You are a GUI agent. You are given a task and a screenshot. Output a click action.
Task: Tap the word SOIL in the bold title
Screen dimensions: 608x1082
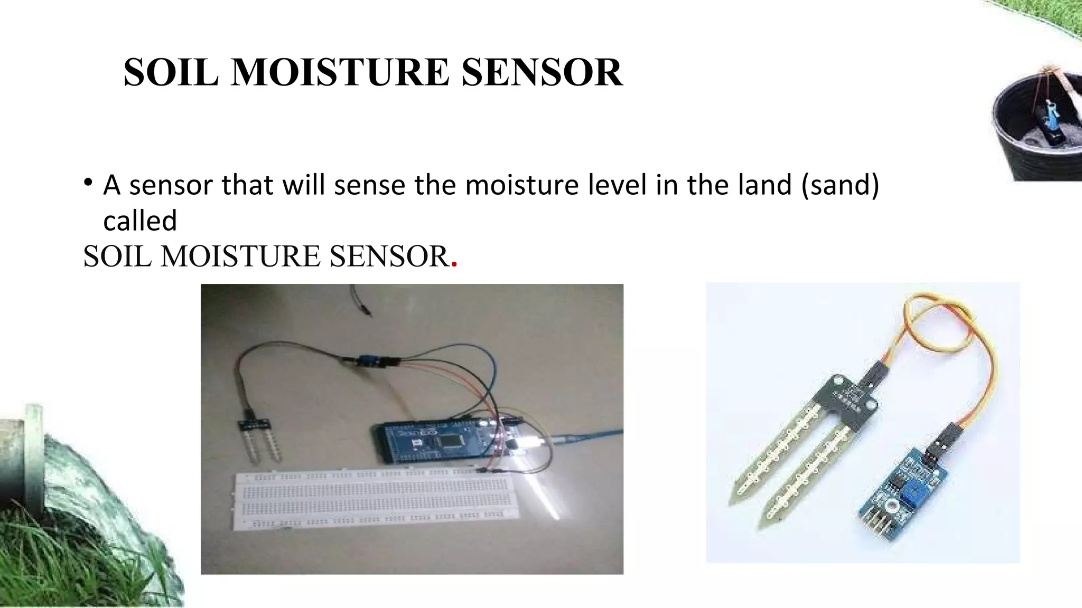pos(171,72)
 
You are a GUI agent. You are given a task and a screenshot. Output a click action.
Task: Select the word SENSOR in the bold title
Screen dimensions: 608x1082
pos(542,72)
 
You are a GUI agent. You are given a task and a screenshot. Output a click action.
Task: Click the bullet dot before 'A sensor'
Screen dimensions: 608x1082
pos(88,183)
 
